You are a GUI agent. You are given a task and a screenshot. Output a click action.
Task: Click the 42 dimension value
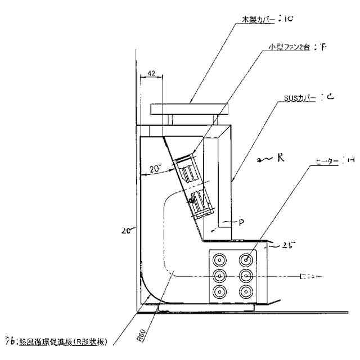coord(151,73)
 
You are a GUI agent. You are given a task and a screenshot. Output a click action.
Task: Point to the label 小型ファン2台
coord(289,48)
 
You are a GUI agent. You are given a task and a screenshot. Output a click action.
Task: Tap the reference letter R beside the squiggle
coord(280,157)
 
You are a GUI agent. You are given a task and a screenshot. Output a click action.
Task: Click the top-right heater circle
coord(245,260)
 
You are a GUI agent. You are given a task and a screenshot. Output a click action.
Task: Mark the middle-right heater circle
coord(245,276)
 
